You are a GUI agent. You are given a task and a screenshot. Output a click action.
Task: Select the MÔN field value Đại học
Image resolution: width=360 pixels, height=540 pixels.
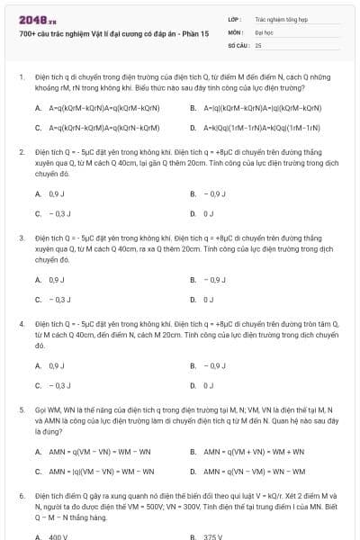pos(264,31)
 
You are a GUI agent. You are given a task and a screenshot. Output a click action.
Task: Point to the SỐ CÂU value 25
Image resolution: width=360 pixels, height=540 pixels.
pos(258,44)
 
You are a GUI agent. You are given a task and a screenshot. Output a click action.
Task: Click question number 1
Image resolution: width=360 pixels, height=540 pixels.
pos(21,78)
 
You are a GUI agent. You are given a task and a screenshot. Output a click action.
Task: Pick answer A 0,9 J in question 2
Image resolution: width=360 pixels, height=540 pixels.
pos(56,193)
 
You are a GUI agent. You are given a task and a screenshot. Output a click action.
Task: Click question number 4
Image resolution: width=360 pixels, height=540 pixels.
pos(21,322)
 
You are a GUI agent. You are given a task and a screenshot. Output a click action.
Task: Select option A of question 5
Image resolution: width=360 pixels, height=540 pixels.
pos(99,451)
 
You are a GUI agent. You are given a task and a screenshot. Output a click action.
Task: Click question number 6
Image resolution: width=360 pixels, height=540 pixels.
pos(21,495)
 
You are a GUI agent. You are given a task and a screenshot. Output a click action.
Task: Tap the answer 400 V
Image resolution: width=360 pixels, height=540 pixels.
pos(58,536)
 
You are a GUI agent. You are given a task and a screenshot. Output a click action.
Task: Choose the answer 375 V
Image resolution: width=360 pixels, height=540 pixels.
pos(213,536)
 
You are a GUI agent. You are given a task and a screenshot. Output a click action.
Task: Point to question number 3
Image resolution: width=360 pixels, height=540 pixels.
pos(21,237)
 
